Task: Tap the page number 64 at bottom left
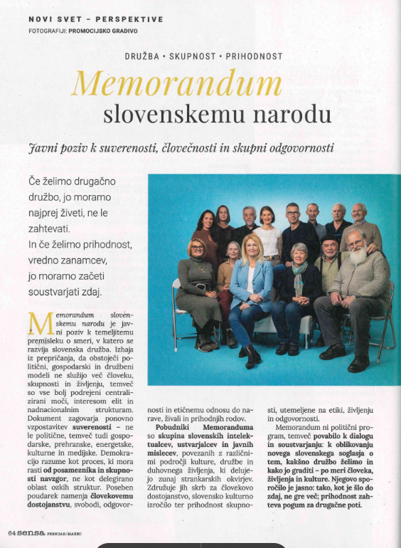click(x=13, y=533)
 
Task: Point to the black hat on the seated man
click(x=328, y=241)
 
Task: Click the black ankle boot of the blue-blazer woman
click(x=254, y=357)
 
